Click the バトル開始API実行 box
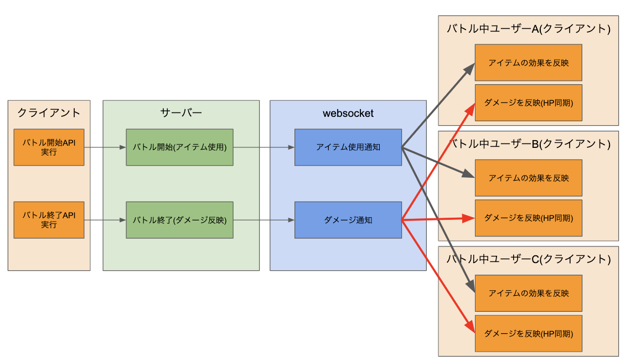(49, 147)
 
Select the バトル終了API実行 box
(49, 220)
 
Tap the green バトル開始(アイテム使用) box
(179, 147)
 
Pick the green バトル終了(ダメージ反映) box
(179, 220)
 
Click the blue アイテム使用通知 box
(348, 147)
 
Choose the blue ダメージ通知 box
(348, 220)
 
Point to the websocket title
(348, 114)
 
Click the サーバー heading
(181, 113)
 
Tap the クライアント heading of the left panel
(49, 113)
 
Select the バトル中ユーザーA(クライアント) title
(528, 29)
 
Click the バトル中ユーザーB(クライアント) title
(528, 144)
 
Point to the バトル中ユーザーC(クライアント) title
(528, 259)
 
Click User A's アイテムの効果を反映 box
(528, 63)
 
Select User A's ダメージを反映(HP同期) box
(528, 102)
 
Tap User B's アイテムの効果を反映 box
(528, 178)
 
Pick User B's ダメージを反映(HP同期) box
(528, 218)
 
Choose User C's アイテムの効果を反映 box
(528, 293)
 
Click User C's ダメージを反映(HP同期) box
(528, 333)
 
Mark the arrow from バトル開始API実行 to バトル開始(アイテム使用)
(105, 148)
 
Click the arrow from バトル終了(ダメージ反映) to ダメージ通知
(263, 220)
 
